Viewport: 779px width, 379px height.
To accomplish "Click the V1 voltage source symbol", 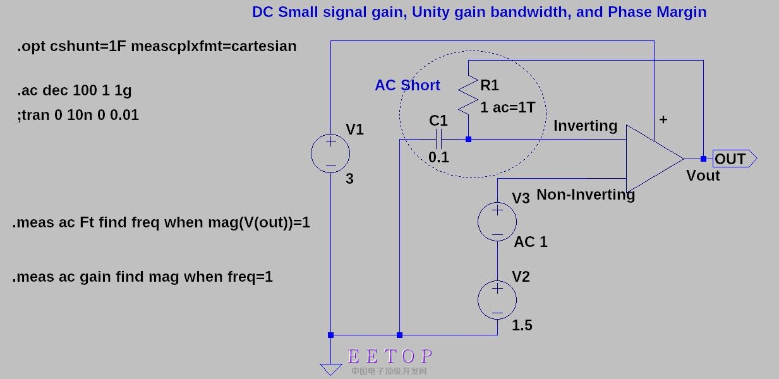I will [330, 153].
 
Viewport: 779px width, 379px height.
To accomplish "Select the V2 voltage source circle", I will [497, 300].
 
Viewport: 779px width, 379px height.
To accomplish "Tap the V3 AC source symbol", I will [497, 221].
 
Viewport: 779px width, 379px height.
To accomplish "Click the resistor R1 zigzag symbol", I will [468, 95].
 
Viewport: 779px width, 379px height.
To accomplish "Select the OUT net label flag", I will [734, 159].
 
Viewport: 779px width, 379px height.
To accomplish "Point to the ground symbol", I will [330, 369].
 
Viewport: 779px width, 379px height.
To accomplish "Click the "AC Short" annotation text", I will [407, 85].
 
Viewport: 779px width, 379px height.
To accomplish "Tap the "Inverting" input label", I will [585, 126].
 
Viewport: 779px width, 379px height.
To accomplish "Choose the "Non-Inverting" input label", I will [585, 195].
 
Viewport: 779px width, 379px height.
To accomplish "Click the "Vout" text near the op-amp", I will [703, 176].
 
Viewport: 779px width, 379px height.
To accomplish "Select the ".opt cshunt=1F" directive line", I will [157, 46].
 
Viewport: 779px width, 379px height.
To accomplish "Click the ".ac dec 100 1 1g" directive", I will [74, 90].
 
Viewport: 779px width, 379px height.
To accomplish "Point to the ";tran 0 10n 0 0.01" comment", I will [78, 115].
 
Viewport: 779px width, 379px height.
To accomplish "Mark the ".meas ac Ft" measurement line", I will [161, 222].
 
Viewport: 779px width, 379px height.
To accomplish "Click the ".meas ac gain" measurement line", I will [143, 277].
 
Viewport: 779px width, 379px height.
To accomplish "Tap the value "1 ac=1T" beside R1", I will [507, 107].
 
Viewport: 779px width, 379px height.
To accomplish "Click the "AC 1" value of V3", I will [531, 242].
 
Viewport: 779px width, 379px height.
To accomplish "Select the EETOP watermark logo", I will [390, 357].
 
